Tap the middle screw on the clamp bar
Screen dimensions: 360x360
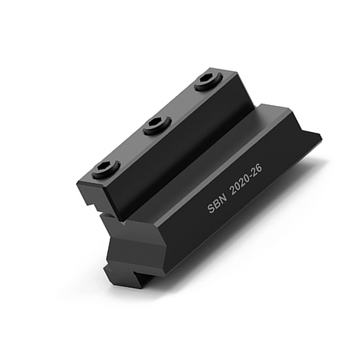157,124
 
